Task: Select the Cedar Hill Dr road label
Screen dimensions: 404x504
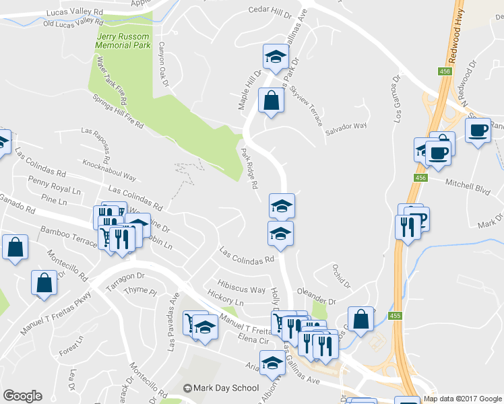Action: [270, 10]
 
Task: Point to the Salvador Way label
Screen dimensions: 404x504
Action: [346, 125]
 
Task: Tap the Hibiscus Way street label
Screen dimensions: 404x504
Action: [241, 286]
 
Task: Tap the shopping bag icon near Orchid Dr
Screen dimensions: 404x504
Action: [361, 319]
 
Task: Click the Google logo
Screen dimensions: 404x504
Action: [22, 396]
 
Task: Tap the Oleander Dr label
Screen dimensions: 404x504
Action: [319, 301]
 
